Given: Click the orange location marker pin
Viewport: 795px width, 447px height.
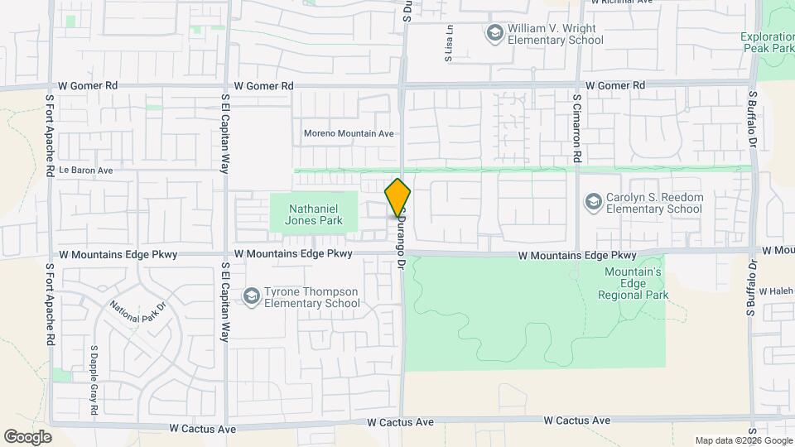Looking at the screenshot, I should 397,198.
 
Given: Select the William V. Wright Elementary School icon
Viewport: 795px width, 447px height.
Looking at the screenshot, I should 494,33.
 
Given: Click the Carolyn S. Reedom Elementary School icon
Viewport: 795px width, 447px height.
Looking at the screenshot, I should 593,202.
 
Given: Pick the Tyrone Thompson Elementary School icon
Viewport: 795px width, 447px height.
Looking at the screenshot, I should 251,296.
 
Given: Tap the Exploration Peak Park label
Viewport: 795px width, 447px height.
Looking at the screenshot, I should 767,42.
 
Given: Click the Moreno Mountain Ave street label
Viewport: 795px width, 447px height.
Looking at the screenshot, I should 349,133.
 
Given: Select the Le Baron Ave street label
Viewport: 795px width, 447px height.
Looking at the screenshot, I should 85,171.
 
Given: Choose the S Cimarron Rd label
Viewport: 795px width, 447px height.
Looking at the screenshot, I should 577,127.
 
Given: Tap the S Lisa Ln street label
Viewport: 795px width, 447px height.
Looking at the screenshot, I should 450,44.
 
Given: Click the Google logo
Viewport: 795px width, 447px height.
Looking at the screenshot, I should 27,437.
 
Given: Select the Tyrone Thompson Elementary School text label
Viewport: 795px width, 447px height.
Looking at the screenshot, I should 311,297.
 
